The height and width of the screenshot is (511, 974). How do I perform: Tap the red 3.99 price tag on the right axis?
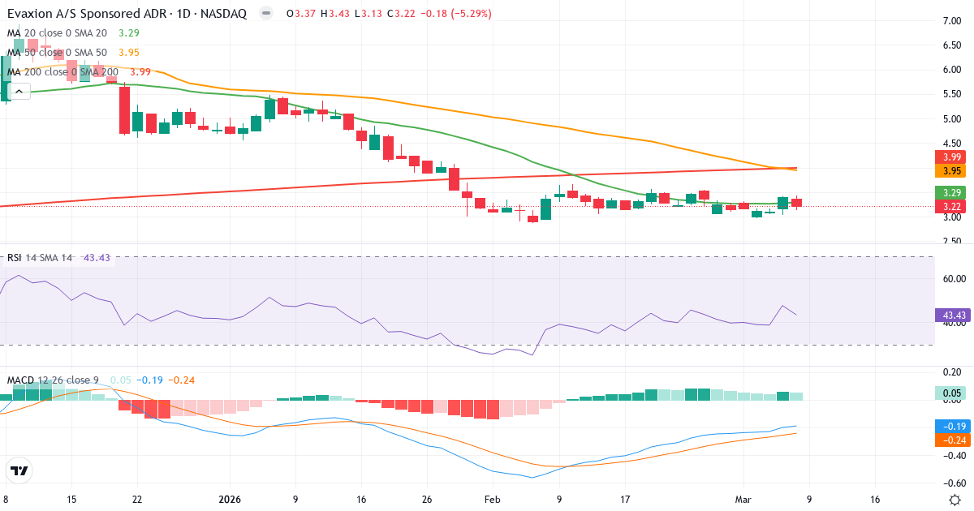(950, 157)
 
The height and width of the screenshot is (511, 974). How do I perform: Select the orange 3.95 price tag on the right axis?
(950, 171)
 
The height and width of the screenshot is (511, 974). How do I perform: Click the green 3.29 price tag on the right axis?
(950, 192)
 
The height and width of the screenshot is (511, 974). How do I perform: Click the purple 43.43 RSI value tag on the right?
(950, 315)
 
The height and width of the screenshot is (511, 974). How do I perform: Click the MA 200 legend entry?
(63, 71)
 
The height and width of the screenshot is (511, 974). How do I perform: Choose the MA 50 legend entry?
(57, 52)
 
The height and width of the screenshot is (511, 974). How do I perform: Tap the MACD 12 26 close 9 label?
(54, 380)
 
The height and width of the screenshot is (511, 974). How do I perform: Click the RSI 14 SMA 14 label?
(40, 257)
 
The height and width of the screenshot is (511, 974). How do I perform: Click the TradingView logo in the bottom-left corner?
(19, 470)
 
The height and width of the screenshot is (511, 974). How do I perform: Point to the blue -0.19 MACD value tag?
(950, 426)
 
